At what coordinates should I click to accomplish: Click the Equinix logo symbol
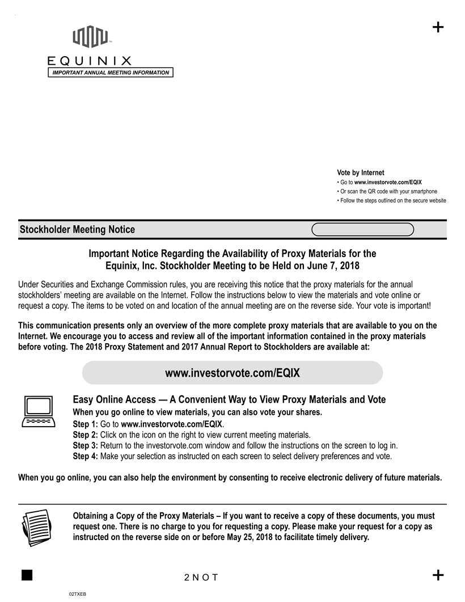click(90, 37)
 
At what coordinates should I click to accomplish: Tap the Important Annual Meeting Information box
click(111, 73)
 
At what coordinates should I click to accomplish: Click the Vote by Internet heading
click(360, 172)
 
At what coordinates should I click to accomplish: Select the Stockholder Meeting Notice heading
click(77, 230)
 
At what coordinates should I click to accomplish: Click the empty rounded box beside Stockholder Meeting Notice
click(363, 229)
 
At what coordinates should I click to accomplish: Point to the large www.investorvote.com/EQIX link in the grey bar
click(232, 373)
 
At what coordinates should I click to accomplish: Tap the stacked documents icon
click(37, 526)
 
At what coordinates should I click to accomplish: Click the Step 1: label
click(86, 424)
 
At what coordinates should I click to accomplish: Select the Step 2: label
click(86, 435)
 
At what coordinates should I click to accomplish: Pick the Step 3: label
click(86, 445)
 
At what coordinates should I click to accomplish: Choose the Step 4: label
click(86, 456)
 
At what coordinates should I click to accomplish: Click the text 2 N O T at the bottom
click(201, 578)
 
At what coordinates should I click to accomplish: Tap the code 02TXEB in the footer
click(77, 593)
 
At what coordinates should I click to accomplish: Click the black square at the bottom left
click(26, 574)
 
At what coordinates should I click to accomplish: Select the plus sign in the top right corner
click(438, 28)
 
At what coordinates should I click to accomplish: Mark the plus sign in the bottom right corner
click(438, 575)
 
